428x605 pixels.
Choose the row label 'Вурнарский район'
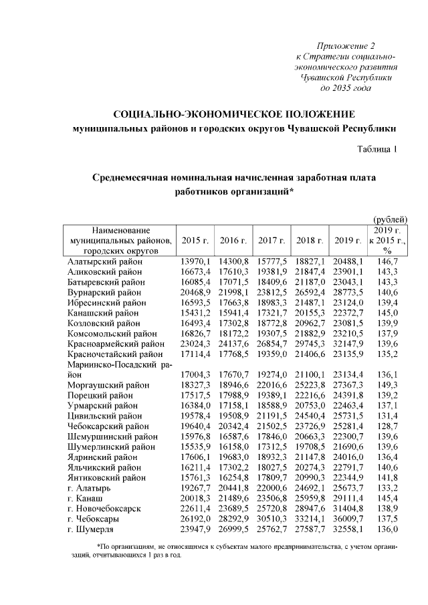click(104, 292)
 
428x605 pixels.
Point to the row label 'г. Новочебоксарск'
click(104, 508)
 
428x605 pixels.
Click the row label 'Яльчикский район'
click(104, 467)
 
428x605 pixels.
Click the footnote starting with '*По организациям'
click(234, 551)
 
